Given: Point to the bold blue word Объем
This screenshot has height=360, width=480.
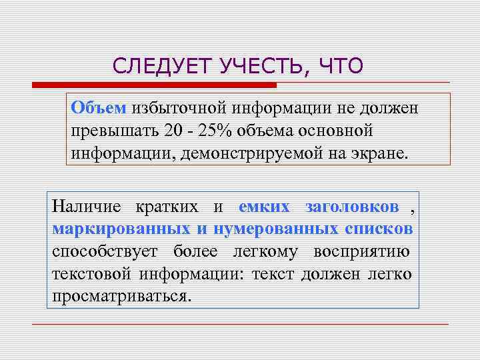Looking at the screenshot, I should (99, 108).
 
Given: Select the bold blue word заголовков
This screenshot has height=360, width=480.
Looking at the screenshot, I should (353, 207).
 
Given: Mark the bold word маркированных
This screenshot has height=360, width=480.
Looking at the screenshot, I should (121, 229).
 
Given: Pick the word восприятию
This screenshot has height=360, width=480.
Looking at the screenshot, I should (363, 251).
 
